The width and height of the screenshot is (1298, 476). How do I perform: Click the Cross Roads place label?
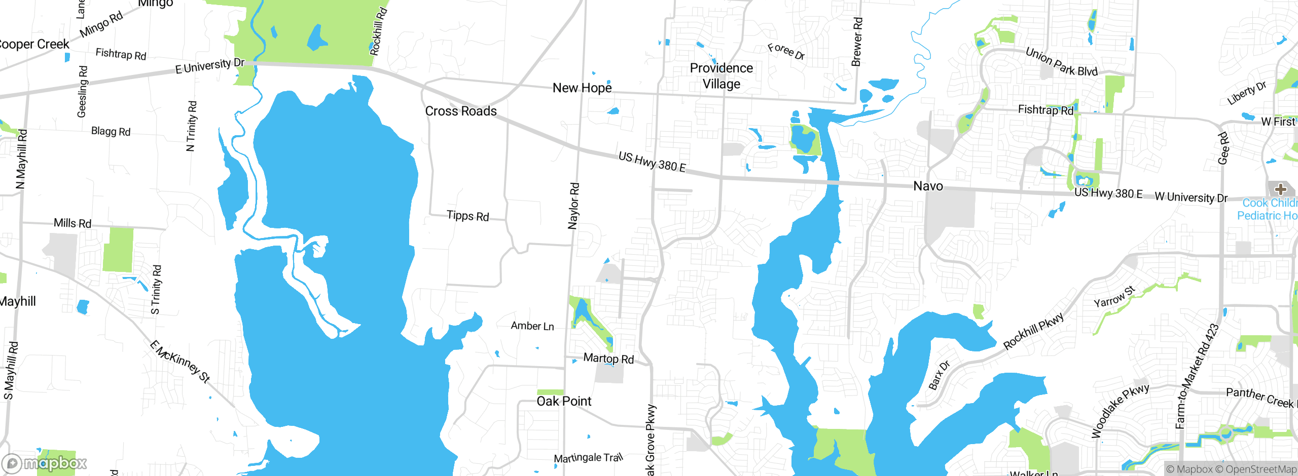(461, 111)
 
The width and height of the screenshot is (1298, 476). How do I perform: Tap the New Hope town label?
(582, 88)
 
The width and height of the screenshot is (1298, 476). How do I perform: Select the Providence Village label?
(721, 76)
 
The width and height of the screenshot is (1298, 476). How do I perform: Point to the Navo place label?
(928, 186)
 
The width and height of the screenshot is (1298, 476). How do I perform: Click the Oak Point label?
(564, 402)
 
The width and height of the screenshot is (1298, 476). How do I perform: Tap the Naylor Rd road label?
(573, 206)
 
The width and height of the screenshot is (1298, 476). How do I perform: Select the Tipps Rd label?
(467, 216)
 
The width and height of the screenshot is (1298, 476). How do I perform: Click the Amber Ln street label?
(532, 326)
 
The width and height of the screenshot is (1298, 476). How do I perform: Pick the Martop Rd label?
(608, 359)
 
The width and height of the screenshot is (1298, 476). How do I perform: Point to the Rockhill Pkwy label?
(1033, 331)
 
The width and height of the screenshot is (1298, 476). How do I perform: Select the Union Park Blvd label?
(1061, 62)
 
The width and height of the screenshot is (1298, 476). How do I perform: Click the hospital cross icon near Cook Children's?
(1281, 189)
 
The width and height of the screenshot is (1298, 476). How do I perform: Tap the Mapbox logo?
(45, 463)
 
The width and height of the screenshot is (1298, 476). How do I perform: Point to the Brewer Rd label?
(857, 42)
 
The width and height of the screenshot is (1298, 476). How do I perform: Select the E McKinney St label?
(179, 361)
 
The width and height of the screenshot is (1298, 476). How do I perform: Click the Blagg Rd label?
(111, 132)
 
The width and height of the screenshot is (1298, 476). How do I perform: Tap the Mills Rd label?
(73, 223)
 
